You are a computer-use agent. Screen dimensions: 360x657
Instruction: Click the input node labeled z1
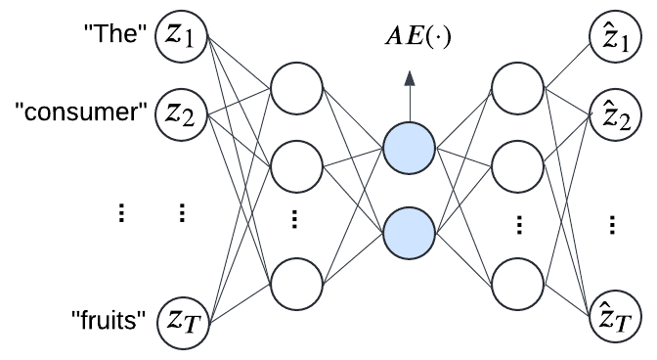(x=181, y=37)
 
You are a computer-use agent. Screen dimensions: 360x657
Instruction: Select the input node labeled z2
(x=181, y=115)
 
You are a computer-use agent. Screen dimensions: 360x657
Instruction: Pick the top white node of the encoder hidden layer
(x=296, y=89)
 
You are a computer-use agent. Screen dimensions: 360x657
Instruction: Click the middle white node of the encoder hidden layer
(x=296, y=166)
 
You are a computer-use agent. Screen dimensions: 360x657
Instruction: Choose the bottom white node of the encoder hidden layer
(x=296, y=285)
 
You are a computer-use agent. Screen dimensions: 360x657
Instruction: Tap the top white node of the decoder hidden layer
(x=517, y=89)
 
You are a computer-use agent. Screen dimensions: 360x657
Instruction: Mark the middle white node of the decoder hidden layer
(x=517, y=166)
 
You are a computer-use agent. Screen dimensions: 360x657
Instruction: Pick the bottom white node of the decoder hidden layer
(x=517, y=285)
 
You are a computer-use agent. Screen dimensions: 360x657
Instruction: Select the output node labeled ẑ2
(x=614, y=115)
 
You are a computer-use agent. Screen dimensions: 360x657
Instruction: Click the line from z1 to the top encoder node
(x=240, y=64)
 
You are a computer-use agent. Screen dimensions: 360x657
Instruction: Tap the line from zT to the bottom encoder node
(x=240, y=301)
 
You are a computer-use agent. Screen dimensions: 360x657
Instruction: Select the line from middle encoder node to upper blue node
(x=353, y=157)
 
